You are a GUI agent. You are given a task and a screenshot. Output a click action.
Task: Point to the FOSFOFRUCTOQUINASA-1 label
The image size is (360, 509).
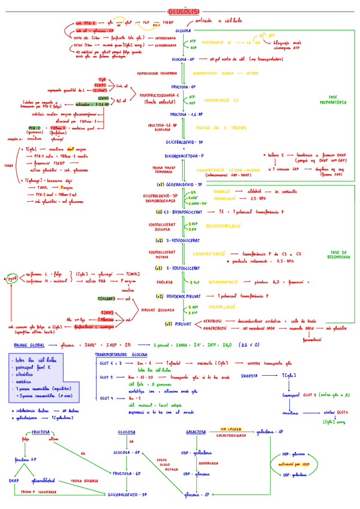[x=159, y=95]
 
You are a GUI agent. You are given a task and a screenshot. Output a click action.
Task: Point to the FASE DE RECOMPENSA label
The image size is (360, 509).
[x=339, y=255]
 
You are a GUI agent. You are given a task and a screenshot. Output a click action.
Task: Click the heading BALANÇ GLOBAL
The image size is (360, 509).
[x=29, y=345]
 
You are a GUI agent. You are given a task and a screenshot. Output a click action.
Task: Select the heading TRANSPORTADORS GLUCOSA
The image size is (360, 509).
[x=122, y=355]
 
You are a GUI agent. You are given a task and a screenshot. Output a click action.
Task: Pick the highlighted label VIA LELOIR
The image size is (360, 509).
[x=231, y=429]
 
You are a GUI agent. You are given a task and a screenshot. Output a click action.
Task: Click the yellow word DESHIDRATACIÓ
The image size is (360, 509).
[x=225, y=281]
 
